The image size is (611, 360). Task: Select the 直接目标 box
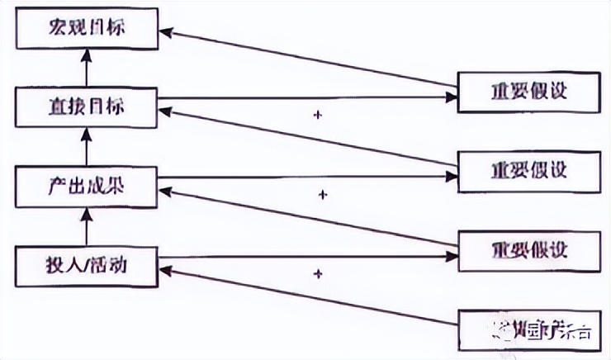86,105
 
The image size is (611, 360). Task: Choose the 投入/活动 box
86,266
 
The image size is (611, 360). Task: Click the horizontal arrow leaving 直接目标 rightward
305,100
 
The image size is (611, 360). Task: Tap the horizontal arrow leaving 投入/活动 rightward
305,257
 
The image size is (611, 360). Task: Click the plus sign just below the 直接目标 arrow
317,116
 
